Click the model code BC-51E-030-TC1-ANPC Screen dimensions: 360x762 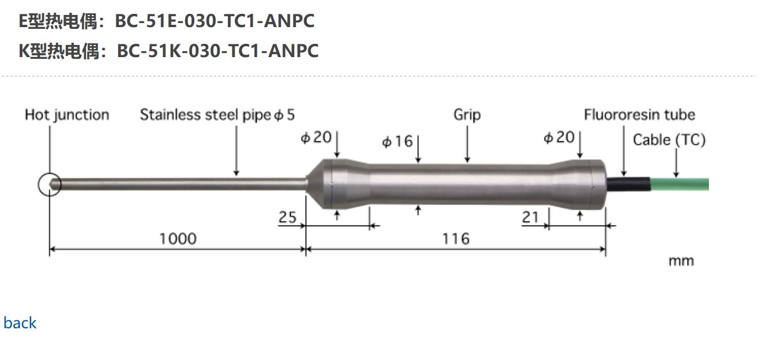click(x=215, y=21)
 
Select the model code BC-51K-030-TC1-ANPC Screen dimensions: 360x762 click(x=217, y=51)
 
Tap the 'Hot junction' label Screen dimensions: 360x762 click(x=67, y=115)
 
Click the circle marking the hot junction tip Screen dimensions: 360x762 click(x=50, y=185)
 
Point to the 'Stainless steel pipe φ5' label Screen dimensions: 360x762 click(x=217, y=115)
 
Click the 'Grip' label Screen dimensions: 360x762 click(x=467, y=115)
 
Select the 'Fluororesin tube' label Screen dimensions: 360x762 click(x=639, y=115)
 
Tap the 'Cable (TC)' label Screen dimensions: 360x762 click(x=669, y=140)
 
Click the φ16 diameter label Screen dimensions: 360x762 click(x=397, y=141)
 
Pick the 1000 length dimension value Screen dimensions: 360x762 click(x=178, y=238)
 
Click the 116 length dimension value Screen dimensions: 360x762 click(x=456, y=238)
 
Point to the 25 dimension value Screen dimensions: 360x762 click(x=287, y=217)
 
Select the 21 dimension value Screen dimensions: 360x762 click(x=530, y=217)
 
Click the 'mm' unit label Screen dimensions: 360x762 click(x=681, y=261)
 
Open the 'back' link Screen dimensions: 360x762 click(x=20, y=323)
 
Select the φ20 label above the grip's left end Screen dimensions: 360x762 click(x=316, y=137)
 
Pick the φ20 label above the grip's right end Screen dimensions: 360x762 click(x=559, y=137)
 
